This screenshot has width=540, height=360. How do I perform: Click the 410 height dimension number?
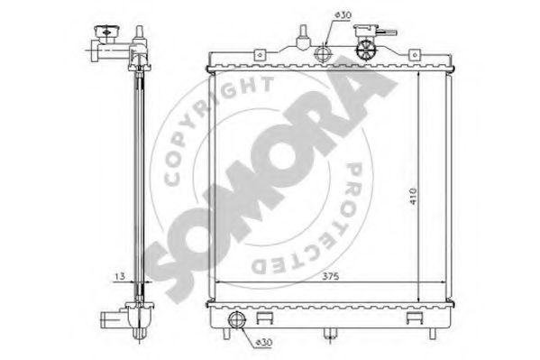[x=413, y=196]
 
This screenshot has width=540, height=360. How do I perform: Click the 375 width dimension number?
[x=330, y=276]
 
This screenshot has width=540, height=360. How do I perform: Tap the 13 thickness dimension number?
[x=120, y=276]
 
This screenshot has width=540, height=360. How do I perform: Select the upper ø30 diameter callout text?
[x=343, y=15]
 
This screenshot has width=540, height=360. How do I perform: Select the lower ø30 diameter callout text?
[x=264, y=343]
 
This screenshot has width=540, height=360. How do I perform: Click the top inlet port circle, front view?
[x=323, y=54]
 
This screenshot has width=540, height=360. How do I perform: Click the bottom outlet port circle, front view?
[x=237, y=319]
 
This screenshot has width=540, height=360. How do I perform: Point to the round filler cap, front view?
[x=365, y=51]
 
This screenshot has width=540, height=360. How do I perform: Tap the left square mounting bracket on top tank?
[x=260, y=55]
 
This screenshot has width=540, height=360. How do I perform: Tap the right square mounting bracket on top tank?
[x=415, y=55]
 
